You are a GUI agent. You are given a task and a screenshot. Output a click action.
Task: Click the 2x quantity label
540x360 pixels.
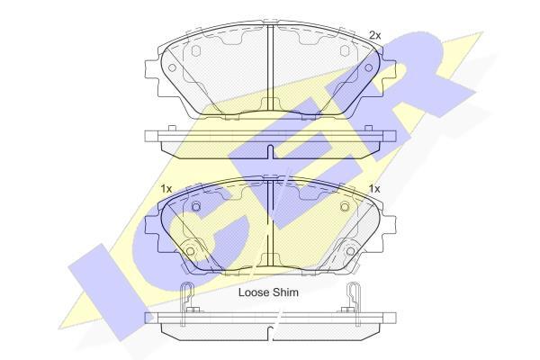pos(375,35)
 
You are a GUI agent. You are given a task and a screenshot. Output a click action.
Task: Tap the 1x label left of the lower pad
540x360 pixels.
pos(166,189)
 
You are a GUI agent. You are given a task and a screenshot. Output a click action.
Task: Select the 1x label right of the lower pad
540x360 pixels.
pos(374,189)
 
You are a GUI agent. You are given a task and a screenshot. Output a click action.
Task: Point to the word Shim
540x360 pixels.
pos(286,292)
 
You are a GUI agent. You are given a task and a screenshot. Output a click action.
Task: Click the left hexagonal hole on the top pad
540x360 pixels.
pos(195,50)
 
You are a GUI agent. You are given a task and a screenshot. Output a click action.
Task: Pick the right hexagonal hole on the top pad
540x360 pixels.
pos(345,50)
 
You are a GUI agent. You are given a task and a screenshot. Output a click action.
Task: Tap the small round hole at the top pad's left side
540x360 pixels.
pos(172,67)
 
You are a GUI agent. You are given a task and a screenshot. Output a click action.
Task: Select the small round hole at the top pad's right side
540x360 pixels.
pos(369,67)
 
